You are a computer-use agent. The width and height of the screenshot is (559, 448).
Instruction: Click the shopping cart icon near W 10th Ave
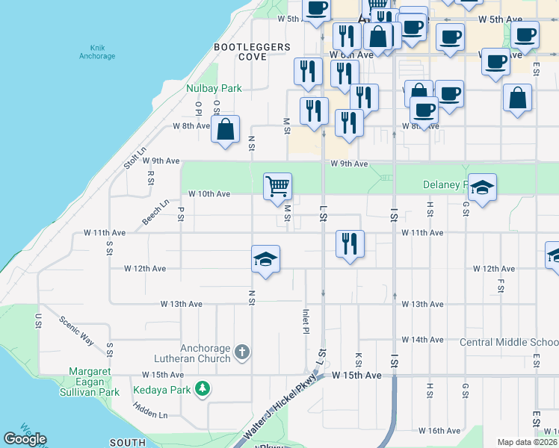tap(277, 185)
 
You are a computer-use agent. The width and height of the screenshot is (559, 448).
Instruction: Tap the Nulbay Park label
tap(214, 88)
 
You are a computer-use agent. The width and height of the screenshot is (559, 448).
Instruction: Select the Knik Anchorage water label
tap(98, 52)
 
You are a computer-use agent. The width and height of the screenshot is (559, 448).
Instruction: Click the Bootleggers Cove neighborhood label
tap(252, 52)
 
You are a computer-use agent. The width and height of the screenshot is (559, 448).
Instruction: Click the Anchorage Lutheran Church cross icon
tap(241, 351)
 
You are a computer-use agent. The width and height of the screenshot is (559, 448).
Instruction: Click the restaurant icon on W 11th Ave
tap(349, 243)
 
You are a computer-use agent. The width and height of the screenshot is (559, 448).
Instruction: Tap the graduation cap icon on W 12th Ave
tap(266, 258)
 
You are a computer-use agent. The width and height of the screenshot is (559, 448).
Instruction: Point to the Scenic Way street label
tap(77, 332)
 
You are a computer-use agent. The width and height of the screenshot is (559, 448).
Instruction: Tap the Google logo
tap(25, 439)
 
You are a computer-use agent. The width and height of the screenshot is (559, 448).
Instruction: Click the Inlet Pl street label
tap(306, 323)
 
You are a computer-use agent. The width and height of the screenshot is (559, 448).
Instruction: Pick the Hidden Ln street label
tap(151, 410)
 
